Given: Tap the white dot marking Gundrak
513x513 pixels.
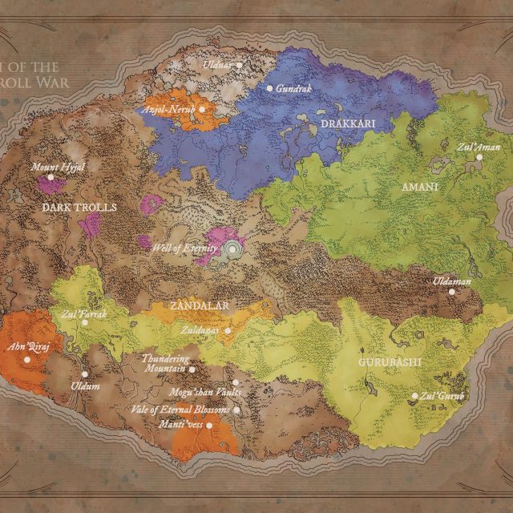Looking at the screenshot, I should pos(270,88).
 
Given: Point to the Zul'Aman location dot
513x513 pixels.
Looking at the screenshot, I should pos(480,157).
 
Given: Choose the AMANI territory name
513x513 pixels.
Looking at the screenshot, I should pos(419,187).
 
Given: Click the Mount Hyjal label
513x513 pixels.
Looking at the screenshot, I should pos(57,167).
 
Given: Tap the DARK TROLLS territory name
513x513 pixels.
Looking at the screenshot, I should pos(79,207).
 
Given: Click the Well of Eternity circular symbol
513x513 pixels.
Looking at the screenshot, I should pos(232,249).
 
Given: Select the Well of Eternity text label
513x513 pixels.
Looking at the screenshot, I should pos(184,248).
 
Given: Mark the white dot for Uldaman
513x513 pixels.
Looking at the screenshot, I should pos(452,292).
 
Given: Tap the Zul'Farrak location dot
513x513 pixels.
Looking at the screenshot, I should pos(85,322).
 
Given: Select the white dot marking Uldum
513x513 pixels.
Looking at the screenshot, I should pos(85,374).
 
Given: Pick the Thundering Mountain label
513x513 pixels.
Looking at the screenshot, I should pos(165,364).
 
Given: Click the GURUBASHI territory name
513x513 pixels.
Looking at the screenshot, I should pos(389,362).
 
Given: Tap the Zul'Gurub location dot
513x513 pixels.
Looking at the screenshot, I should pos(414,396).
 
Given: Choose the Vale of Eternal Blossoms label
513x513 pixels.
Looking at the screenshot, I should pos(180,410).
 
